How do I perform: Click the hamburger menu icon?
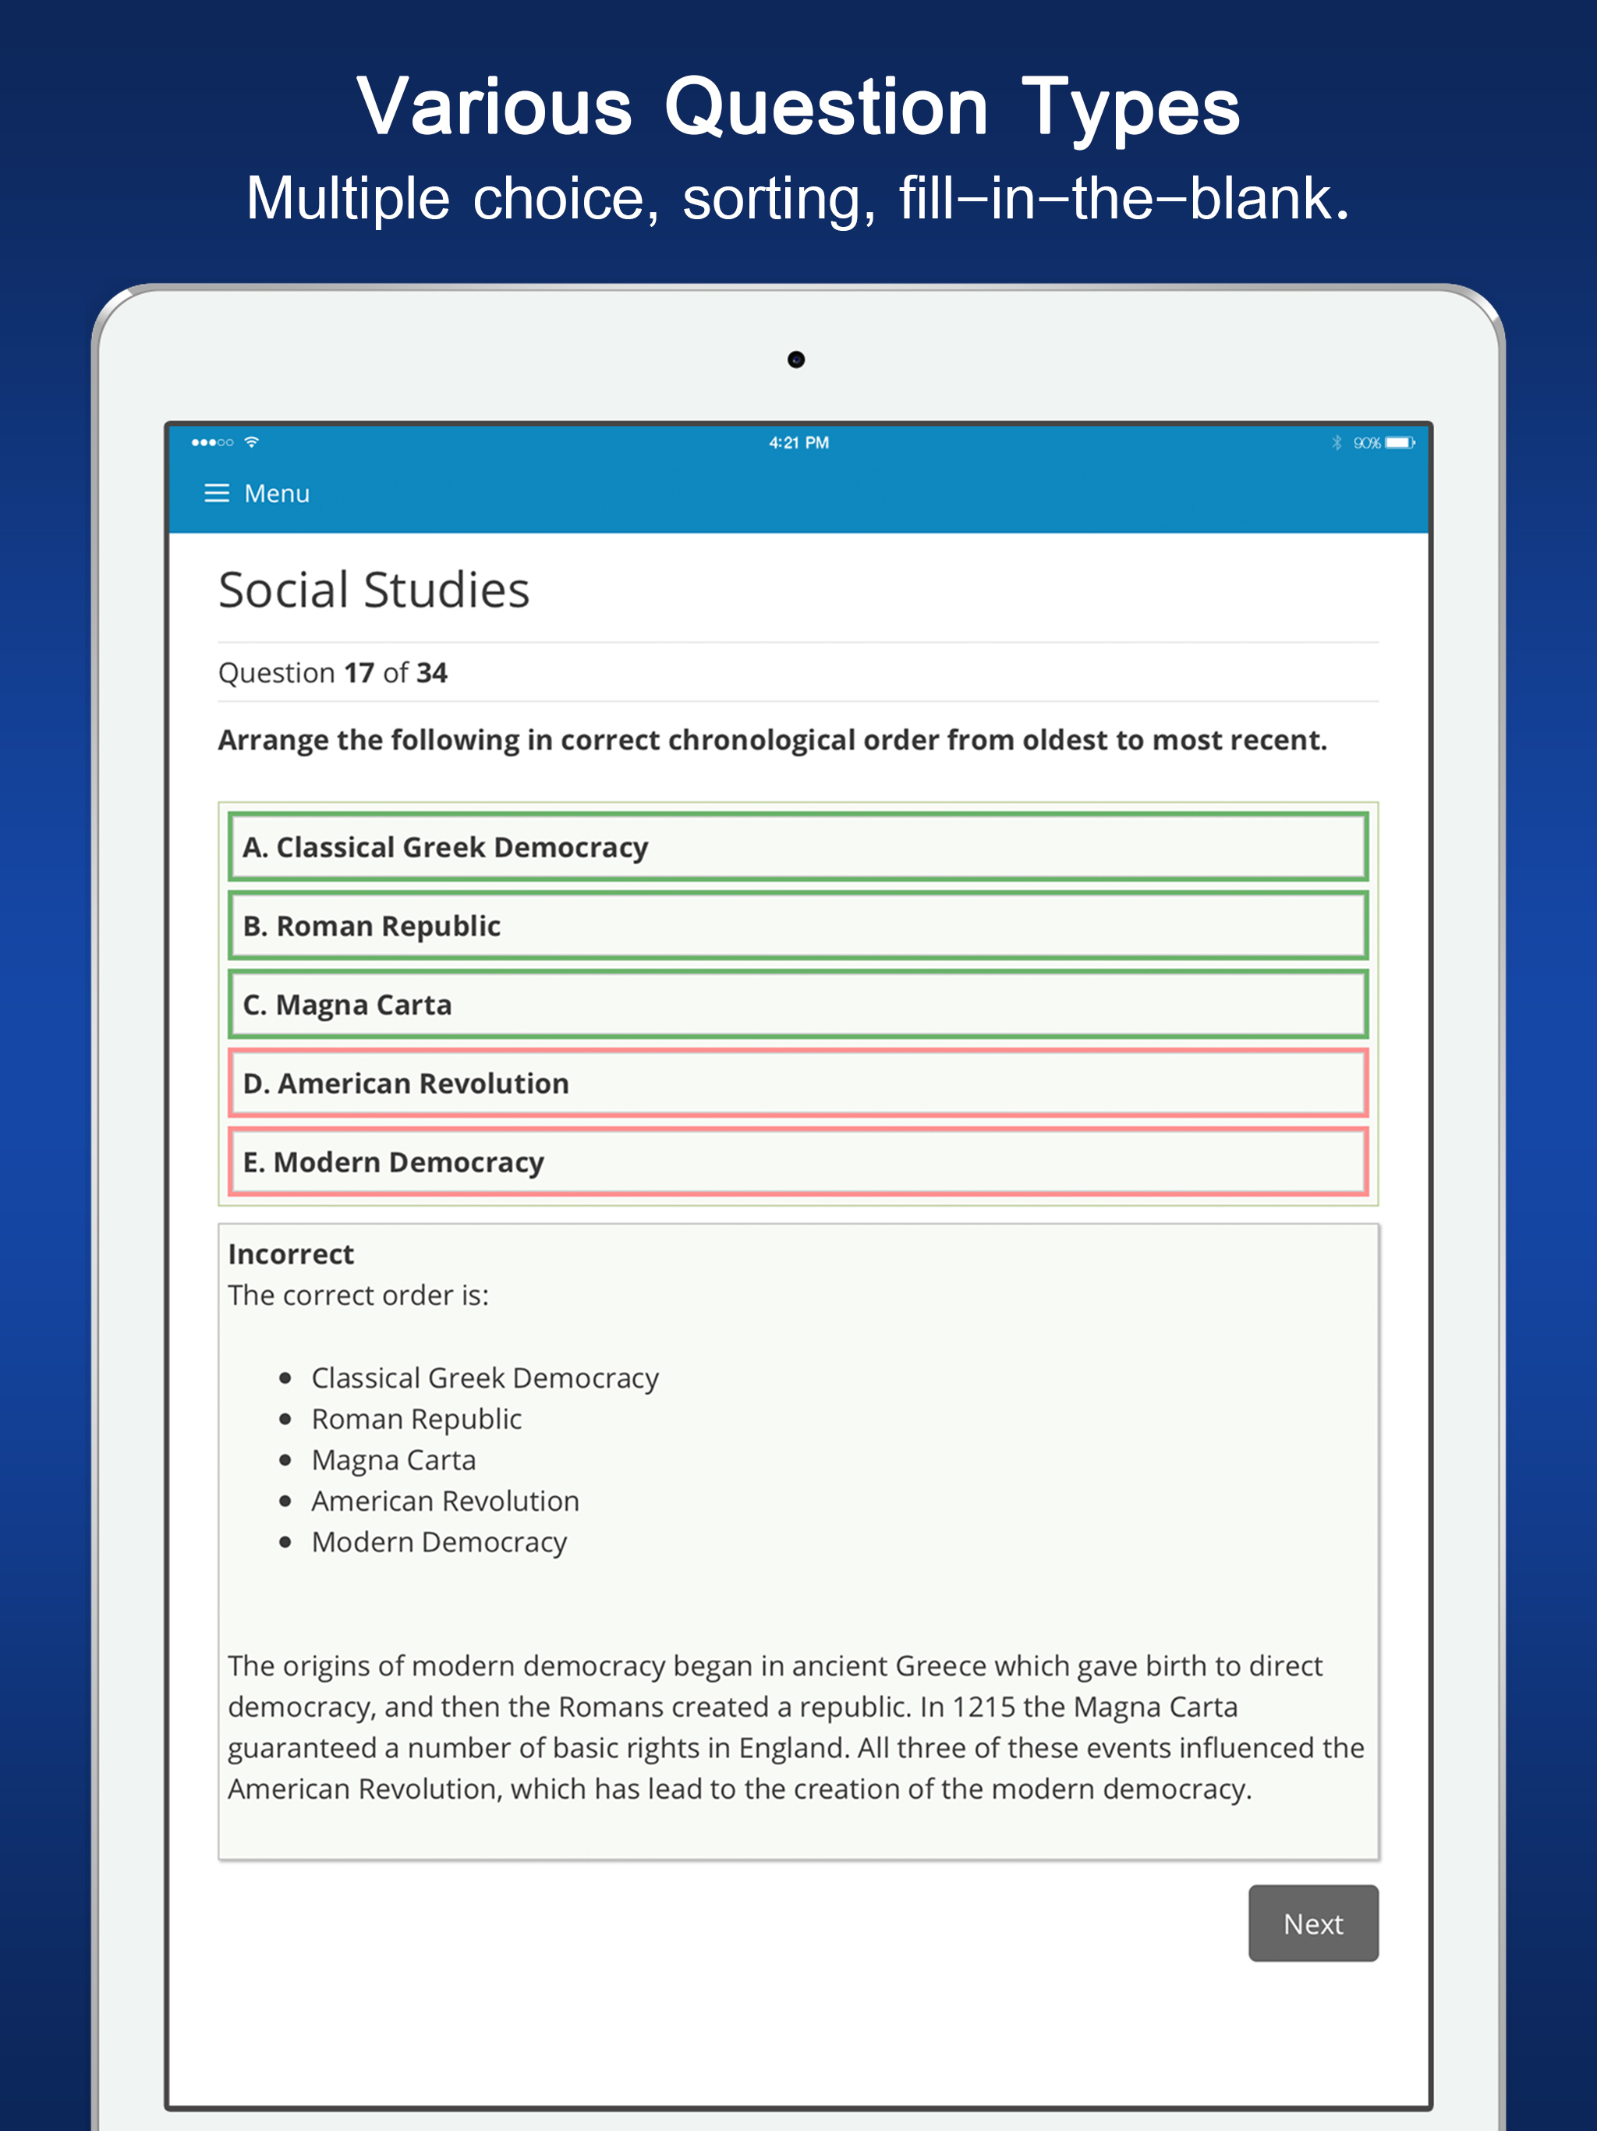pyautogui.click(x=217, y=493)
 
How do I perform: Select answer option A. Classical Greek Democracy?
pyautogui.click(x=798, y=847)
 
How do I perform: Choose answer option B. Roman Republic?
pyautogui.click(x=798, y=926)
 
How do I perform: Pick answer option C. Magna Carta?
pyautogui.click(x=798, y=1005)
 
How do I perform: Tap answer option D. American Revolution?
pyautogui.click(x=798, y=1083)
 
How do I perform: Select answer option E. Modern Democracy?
pyautogui.click(x=798, y=1163)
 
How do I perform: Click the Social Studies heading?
pyautogui.click(x=374, y=590)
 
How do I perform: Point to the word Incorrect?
pyautogui.click(x=291, y=1254)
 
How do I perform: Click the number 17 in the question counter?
pyautogui.click(x=359, y=672)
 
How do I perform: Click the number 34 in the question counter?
pyautogui.click(x=431, y=672)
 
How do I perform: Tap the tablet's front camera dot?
pyautogui.click(x=795, y=360)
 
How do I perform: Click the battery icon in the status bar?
pyautogui.click(x=1400, y=442)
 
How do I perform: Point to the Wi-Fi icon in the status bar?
pyautogui.click(x=251, y=442)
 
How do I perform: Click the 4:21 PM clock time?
pyautogui.click(x=798, y=442)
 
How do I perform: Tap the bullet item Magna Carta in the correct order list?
pyautogui.click(x=393, y=1460)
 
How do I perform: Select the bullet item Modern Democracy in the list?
pyautogui.click(x=439, y=1542)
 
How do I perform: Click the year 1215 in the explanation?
pyautogui.click(x=983, y=1707)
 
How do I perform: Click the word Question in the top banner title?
pyautogui.click(x=826, y=108)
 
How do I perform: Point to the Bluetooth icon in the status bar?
pyautogui.click(x=1336, y=442)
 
